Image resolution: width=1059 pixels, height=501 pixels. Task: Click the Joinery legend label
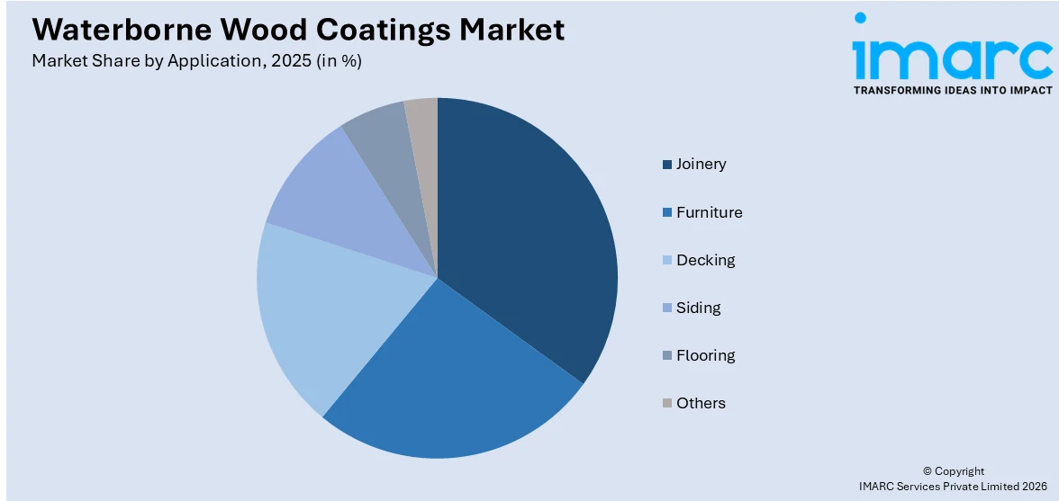[x=701, y=164]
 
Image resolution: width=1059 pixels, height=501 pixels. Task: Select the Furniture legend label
[x=709, y=212]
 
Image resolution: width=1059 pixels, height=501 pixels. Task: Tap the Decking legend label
[x=705, y=260]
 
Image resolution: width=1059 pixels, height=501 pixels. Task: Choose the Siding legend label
[x=698, y=308]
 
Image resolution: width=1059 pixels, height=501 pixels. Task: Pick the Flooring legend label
[x=705, y=355]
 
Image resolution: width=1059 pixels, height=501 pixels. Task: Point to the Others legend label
[x=701, y=403]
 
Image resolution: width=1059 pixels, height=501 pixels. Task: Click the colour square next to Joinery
[x=666, y=165]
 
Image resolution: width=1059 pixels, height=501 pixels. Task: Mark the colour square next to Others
[x=666, y=404]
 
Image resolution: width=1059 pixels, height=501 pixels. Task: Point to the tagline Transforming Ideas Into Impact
[x=952, y=90]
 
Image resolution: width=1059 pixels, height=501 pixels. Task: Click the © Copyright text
[x=954, y=470]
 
